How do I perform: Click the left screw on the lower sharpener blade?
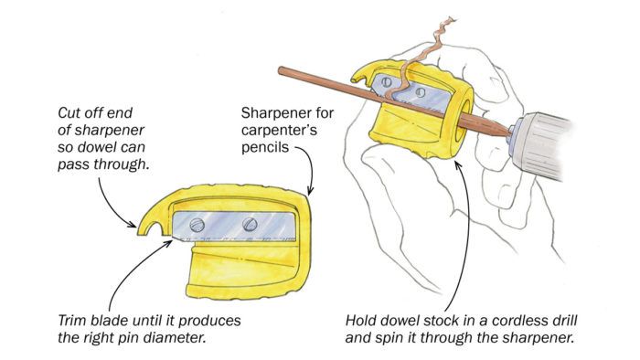[x=197, y=225]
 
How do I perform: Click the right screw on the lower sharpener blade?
[x=250, y=224]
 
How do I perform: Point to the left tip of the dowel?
[x=281, y=70]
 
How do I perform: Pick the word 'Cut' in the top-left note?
[x=69, y=113]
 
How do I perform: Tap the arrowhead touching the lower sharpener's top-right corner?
[x=309, y=191]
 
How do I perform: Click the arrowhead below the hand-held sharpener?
[x=458, y=165]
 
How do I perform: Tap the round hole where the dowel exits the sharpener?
[x=463, y=122]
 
